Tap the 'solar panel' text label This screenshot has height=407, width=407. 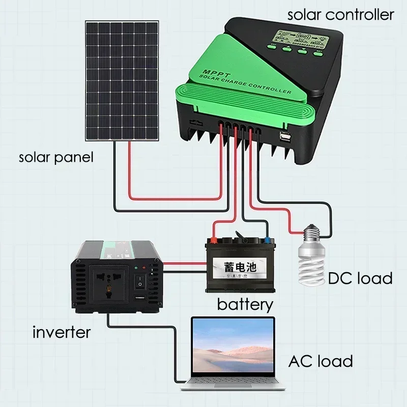[x=56, y=157]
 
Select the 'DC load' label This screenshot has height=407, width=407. [x=360, y=278]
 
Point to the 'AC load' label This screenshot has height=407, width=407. [x=321, y=361]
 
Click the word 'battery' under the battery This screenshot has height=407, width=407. [x=245, y=305]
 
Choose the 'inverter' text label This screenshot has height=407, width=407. [x=62, y=333]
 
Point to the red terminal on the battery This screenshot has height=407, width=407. [x=215, y=238]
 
